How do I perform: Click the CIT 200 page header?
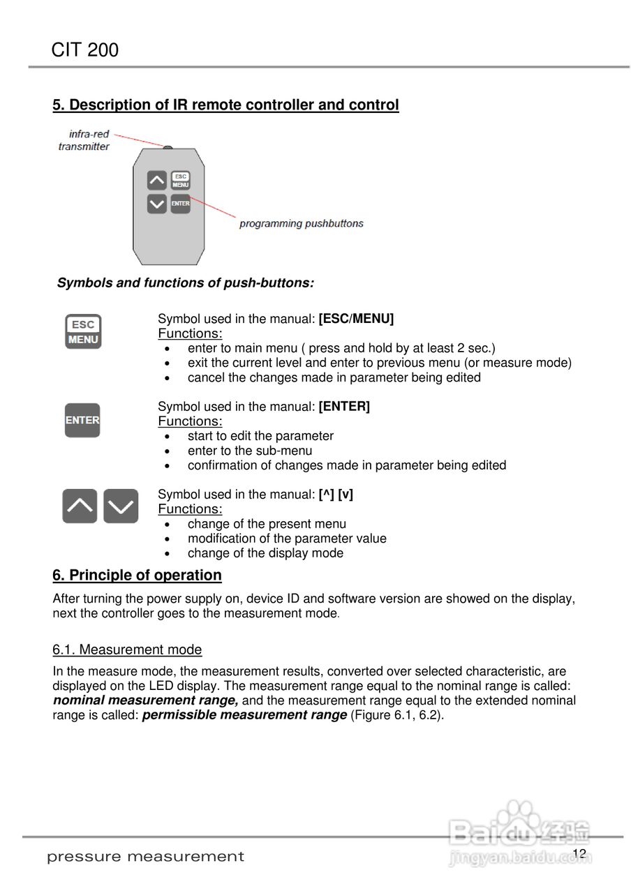[85, 50]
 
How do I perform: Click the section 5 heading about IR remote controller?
[225, 105]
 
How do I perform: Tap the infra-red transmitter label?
[84, 140]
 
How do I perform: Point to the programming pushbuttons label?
[301, 224]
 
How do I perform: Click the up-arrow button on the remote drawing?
[157, 181]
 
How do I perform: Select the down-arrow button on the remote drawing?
[157, 204]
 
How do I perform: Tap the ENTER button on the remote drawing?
[181, 204]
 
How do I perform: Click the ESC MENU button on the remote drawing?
[181, 181]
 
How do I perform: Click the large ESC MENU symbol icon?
[83, 332]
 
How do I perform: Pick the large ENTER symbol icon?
[82, 420]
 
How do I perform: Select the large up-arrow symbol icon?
[80, 506]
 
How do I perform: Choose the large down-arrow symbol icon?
[121, 506]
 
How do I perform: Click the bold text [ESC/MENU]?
[356, 320]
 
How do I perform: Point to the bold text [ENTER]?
[344, 407]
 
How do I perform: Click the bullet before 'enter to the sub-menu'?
[168, 451]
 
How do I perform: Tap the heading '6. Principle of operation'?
[137, 576]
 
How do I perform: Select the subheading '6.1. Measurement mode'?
[127, 650]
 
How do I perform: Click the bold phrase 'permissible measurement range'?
[244, 715]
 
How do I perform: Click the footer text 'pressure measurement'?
[145, 857]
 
